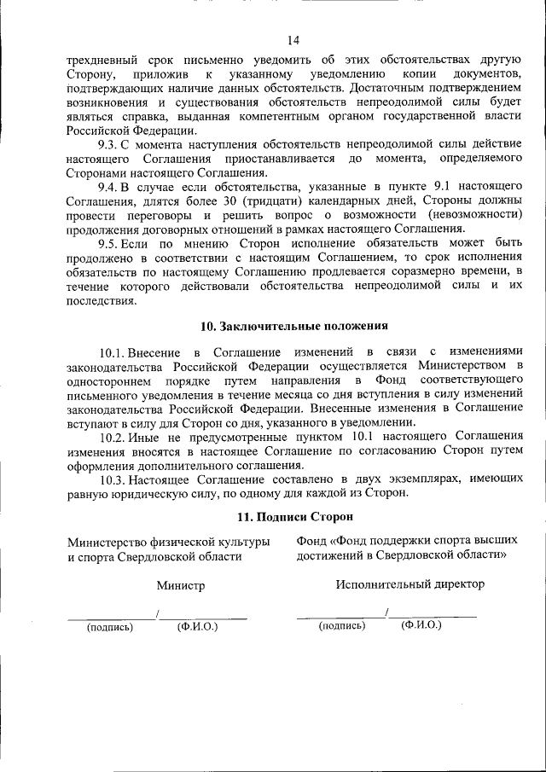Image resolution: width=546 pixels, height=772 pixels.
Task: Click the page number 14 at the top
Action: [x=293, y=40]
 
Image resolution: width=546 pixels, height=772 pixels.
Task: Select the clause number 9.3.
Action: [x=109, y=146]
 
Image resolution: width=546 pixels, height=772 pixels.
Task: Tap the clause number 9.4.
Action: [x=109, y=187]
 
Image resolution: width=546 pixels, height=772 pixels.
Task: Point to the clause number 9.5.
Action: [x=109, y=244]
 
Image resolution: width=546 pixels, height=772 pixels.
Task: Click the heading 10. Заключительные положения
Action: [x=294, y=326]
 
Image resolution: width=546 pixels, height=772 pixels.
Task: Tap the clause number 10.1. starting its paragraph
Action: [x=113, y=352]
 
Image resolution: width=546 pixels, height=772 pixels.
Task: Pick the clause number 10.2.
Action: [x=113, y=437]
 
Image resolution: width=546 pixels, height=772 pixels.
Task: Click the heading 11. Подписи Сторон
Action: [x=294, y=517]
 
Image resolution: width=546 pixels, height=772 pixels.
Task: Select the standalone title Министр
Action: [x=181, y=586]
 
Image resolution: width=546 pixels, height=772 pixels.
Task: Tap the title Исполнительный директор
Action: [x=409, y=584]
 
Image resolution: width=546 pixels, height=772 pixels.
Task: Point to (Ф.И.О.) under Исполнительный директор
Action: [x=421, y=626]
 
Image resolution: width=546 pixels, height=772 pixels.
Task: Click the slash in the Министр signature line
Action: [x=158, y=613]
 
